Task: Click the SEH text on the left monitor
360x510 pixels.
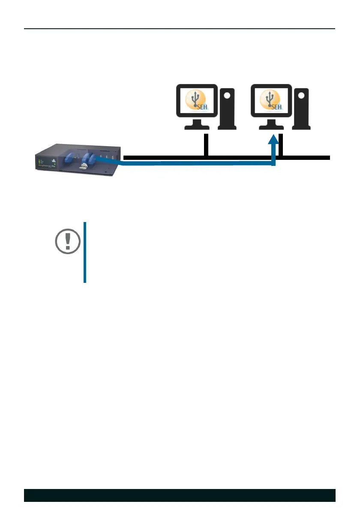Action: pos(203,107)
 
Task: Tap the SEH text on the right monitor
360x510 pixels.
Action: pos(277,107)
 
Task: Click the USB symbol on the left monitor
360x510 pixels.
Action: pos(196,98)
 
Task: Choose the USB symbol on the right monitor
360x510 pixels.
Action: pos(270,98)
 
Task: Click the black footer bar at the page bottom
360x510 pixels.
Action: pos(180,495)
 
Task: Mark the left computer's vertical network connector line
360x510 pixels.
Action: pos(206,145)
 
